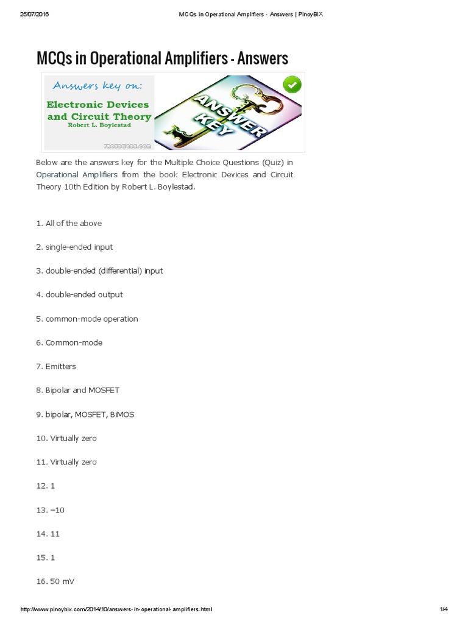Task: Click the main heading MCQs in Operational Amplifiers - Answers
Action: coord(162,58)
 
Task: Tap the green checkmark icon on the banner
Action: coord(292,85)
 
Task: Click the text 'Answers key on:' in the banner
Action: coord(98,86)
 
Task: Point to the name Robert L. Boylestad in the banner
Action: coord(98,125)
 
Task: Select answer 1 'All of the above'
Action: coord(69,223)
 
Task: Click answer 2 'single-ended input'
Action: coord(74,247)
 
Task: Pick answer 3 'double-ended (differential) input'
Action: coord(99,271)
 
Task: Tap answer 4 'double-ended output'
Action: coord(79,294)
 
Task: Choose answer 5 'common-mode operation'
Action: coord(87,319)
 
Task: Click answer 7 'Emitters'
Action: coord(56,366)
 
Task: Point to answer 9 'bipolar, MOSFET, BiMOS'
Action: coord(85,414)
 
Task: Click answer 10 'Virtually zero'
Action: coord(66,438)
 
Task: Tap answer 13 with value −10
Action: coord(50,509)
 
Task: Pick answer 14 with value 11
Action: coord(48,533)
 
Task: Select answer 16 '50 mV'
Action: coord(55,581)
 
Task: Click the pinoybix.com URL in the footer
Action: coord(116,609)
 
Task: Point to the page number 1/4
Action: coord(444,609)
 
